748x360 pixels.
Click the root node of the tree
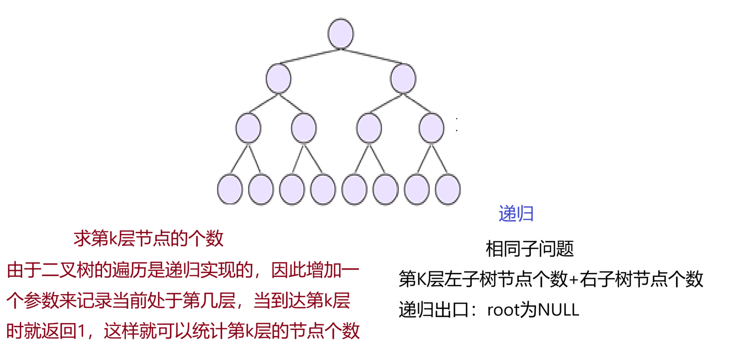click(341, 34)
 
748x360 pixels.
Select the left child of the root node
click(278, 79)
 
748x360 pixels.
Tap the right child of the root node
click(403, 79)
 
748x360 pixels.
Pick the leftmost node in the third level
click(248, 128)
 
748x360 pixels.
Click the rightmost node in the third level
click(432, 128)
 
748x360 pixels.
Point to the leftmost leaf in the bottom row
click(230, 189)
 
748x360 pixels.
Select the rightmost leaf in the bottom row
click(448, 189)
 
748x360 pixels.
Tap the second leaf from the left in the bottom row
click(261, 189)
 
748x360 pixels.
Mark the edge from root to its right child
click(372, 56)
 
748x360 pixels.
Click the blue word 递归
click(516, 214)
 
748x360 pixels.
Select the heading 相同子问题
click(529, 249)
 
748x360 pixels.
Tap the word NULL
click(558, 310)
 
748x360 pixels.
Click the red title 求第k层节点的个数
click(148, 238)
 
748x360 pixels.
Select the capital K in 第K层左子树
click(421, 279)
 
